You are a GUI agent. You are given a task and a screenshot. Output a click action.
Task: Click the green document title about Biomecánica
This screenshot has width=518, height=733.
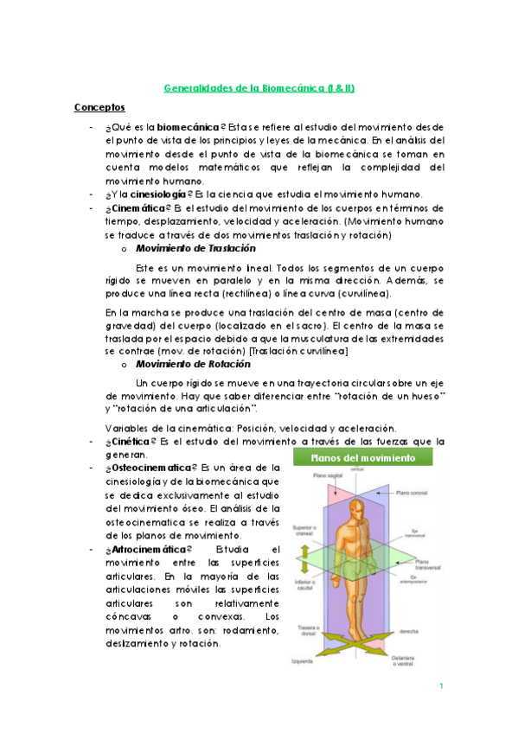[258, 87]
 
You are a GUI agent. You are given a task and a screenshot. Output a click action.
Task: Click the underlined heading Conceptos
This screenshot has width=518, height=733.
[99, 107]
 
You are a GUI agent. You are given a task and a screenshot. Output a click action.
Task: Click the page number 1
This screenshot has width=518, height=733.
[441, 687]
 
